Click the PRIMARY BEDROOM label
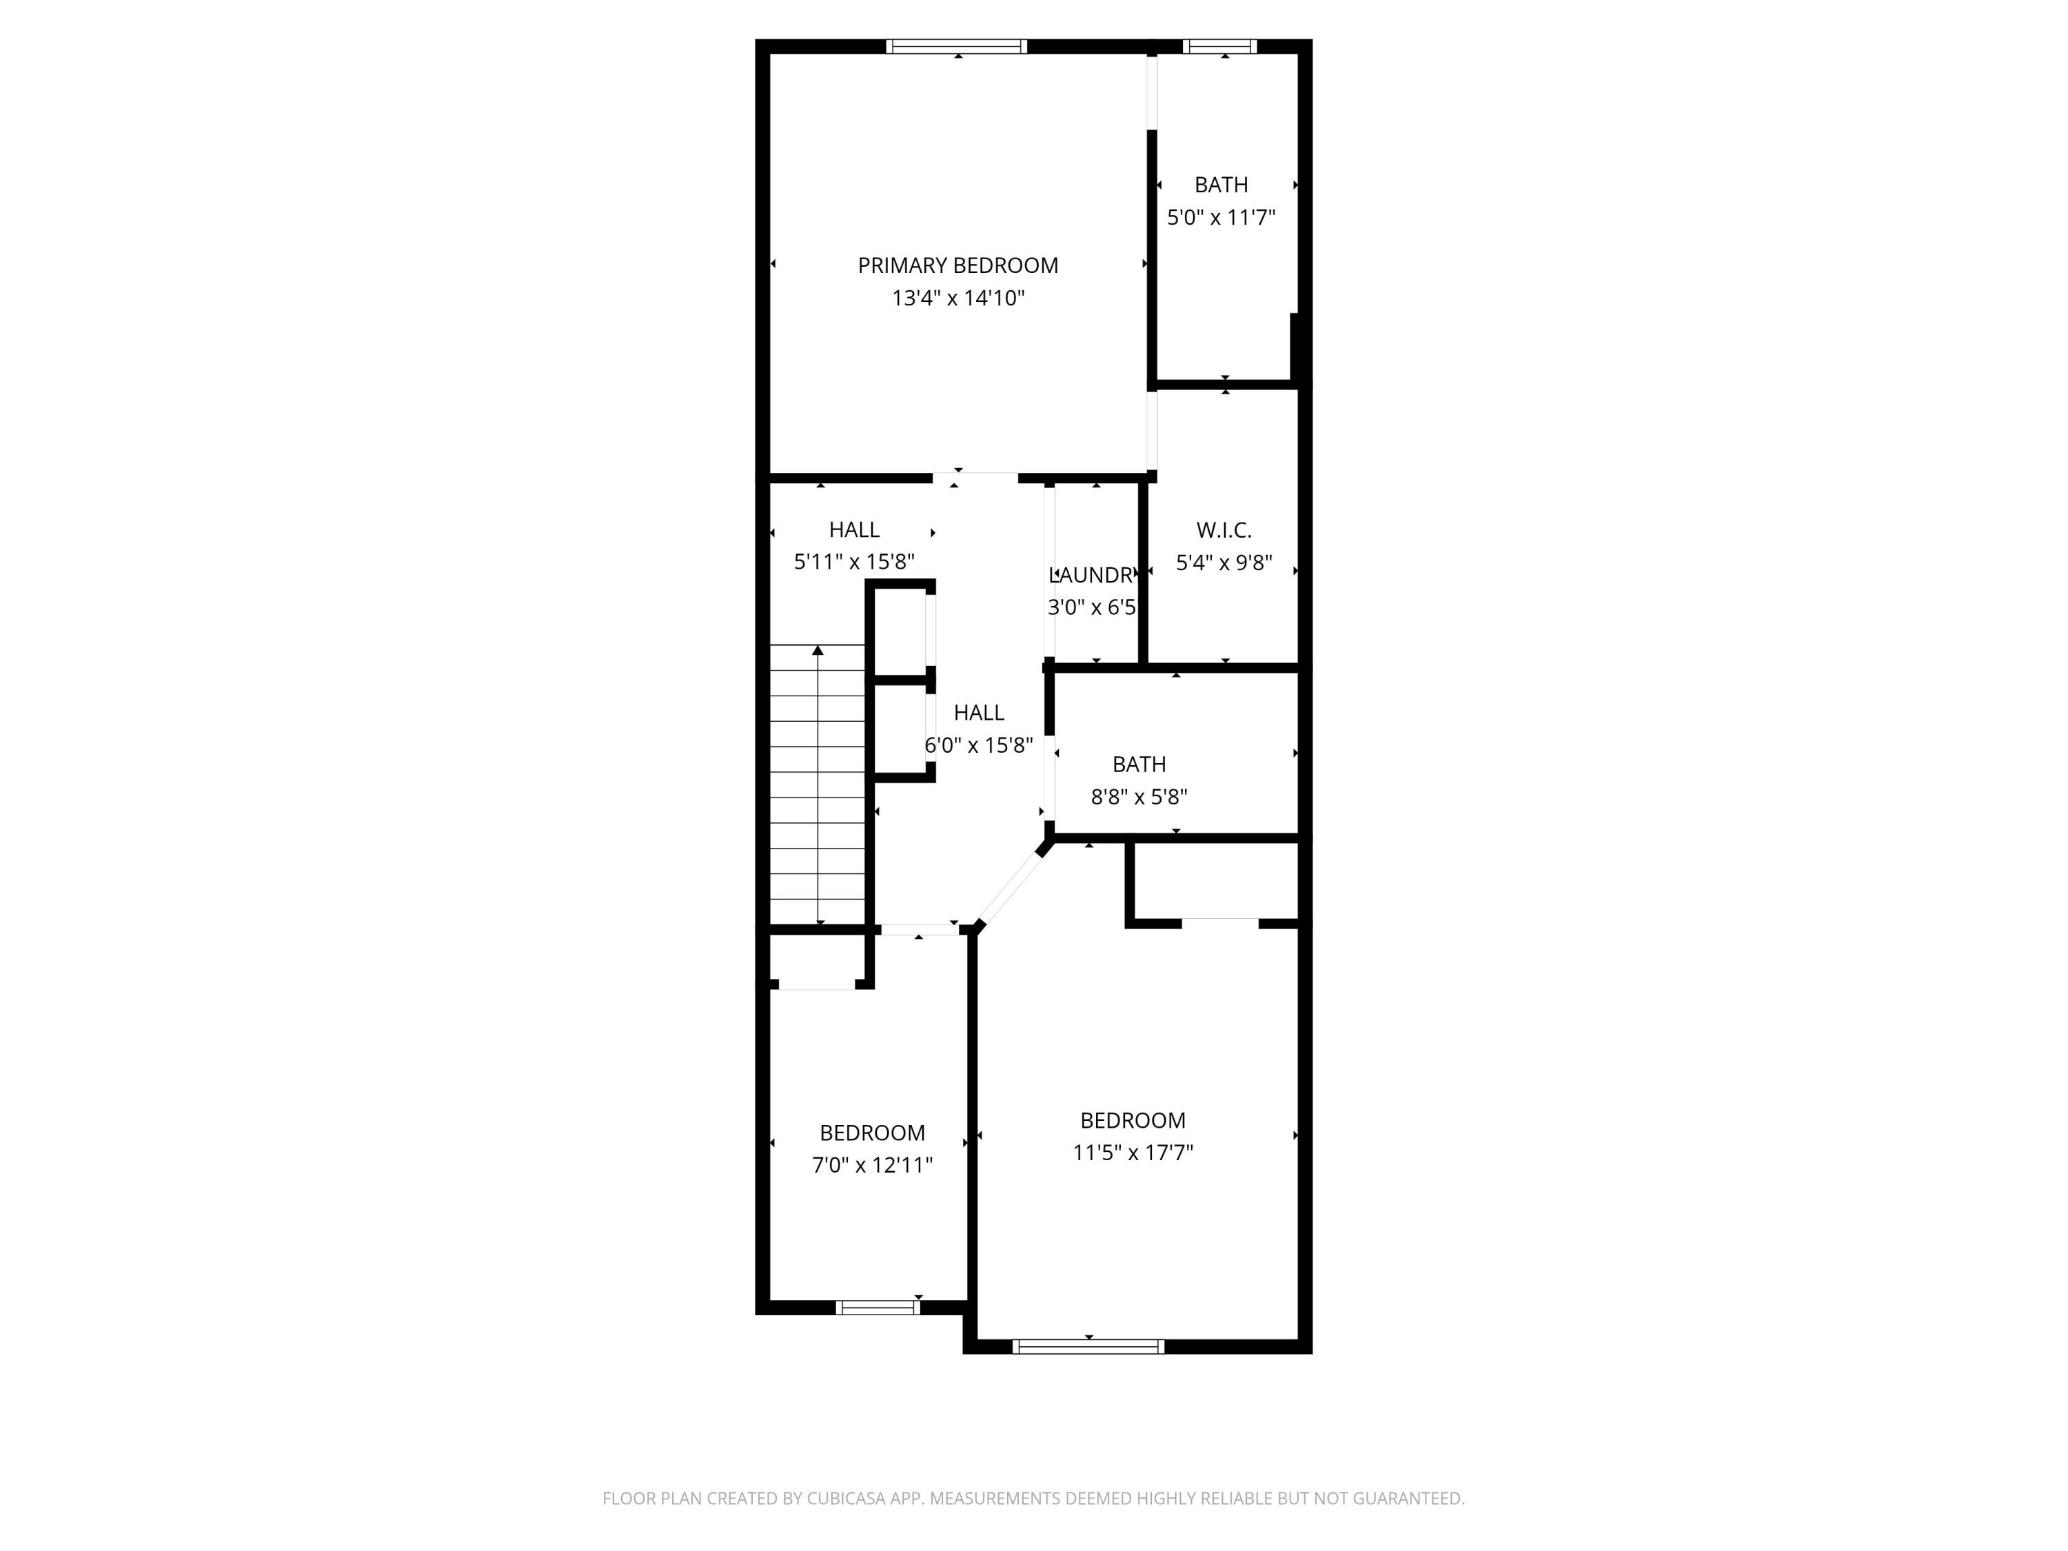(x=957, y=265)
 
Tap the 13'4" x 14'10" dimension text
(x=957, y=298)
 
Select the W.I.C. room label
(x=1223, y=530)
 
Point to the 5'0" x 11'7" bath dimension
(x=1220, y=218)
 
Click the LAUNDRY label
(x=1091, y=575)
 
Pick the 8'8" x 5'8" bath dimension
(x=1138, y=797)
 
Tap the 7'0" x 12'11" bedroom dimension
(x=871, y=1165)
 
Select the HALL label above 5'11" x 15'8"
(x=853, y=530)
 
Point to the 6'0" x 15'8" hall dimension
(x=978, y=745)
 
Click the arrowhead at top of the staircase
(x=818, y=650)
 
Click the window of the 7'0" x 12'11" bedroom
(x=877, y=1308)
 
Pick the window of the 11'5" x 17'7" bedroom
(x=1088, y=1346)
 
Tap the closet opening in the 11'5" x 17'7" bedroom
(x=1219, y=924)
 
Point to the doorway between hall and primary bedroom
(x=975, y=478)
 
